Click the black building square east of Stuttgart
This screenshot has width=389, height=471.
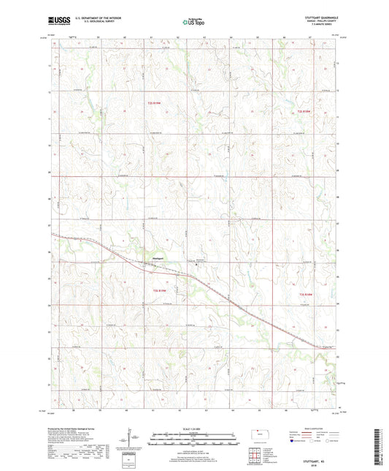pos(196,265)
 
